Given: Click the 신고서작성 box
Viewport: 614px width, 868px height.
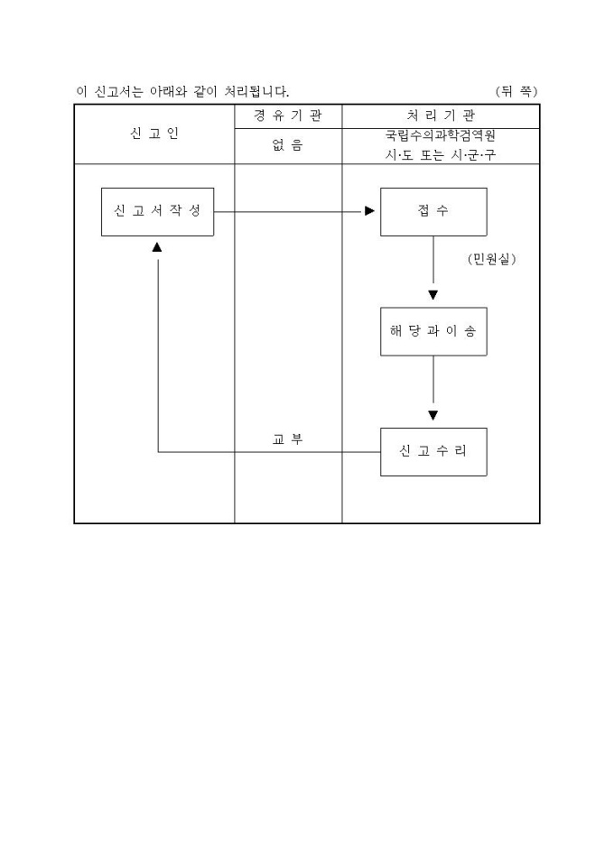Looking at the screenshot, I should pyautogui.click(x=157, y=211).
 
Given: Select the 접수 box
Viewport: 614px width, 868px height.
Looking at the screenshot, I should pyautogui.click(x=433, y=211).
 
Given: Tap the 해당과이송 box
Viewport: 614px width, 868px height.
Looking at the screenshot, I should pyautogui.click(x=433, y=331).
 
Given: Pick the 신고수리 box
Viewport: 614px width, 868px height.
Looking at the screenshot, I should pyautogui.click(x=433, y=451).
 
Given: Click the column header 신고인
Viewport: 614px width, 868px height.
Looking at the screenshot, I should pyautogui.click(x=154, y=134).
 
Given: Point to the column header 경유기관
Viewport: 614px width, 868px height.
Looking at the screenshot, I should pyautogui.click(x=287, y=116).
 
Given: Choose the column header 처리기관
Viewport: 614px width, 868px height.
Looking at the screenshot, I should pyautogui.click(x=441, y=116).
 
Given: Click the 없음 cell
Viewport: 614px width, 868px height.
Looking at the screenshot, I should pyautogui.click(x=287, y=145).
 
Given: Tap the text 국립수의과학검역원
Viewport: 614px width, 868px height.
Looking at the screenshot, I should pyautogui.click(x=441, y=136).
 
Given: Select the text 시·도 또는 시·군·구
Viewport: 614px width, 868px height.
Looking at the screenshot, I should pyautogui.click(x=441, y=154).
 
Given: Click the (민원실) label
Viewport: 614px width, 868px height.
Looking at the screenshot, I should pyautogui.click(x=492, y=260).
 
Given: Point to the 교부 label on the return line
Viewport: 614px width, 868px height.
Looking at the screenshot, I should pyautogui.click(x=287, y=439).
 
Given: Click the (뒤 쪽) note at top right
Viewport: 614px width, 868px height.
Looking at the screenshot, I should pyautogui.click(x=516, y=91).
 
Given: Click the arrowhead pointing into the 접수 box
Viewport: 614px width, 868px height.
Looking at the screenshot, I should pyautogui.click(x=369, y=211).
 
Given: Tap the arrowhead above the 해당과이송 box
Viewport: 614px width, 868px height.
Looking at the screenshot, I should pyautogui.click(x=433, y=295).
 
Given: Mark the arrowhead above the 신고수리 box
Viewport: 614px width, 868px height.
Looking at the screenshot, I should pyautogui.click(x=433, y=415).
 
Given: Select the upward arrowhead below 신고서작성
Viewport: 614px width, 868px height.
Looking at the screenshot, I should pyautogui.click(x=158, y=246).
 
